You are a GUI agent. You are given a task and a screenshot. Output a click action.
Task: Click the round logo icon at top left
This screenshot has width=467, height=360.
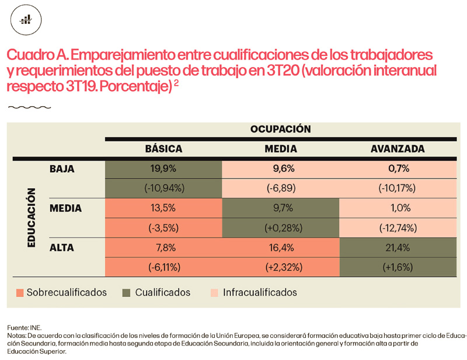click(26, 20)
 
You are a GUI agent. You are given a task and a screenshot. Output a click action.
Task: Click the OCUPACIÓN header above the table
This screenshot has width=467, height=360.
click(280, 129)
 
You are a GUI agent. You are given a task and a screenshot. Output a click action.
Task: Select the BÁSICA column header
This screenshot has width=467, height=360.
click(163, 149)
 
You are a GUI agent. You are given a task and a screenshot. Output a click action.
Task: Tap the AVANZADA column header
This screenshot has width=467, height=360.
click(398, 149)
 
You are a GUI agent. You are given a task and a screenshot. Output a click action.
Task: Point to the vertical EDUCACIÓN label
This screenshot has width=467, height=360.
click(33, 218)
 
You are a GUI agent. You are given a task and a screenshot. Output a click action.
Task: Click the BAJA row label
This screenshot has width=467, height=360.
click(62, 169)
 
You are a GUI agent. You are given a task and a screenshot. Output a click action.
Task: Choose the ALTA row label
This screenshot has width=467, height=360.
click(62, 247)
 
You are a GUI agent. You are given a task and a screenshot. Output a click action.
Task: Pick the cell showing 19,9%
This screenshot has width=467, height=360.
click(163, 169)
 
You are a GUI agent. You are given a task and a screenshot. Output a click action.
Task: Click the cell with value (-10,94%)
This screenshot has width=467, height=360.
click(163, 188)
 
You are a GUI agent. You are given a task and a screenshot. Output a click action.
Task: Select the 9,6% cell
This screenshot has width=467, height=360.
click(281, 169)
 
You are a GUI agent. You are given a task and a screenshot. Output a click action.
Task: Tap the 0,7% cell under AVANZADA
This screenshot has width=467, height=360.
click(398, 169)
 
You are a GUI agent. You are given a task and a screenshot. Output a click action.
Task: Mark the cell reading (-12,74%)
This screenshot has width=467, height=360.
click(398, 228)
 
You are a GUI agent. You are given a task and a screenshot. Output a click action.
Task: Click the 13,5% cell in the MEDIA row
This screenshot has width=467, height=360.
click(163, 208)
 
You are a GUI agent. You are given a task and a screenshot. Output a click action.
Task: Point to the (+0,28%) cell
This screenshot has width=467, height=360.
click(281, 228)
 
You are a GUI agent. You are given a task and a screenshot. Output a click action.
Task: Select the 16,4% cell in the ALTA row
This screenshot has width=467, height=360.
click(281, 247)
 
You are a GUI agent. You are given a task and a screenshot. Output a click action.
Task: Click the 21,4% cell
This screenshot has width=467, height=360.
click(398, 247)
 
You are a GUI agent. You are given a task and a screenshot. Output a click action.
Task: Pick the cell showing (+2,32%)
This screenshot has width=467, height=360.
click(281, 267)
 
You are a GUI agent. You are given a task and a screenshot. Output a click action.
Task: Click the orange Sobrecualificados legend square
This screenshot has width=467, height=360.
click(20, 292)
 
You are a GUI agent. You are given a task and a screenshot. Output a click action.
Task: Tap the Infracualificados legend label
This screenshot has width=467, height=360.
click(260, 292)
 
